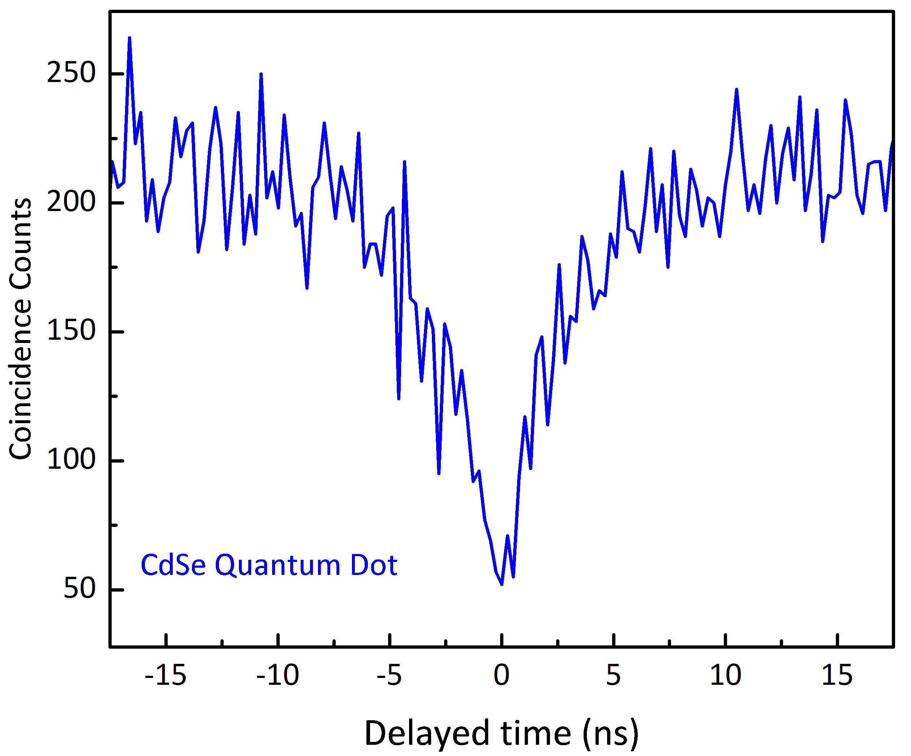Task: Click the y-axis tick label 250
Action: click(71, 73)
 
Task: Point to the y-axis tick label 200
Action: click(71, 202)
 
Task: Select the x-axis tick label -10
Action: click(278, 675)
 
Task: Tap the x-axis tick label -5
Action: click(389, 675)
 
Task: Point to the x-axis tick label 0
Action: click(502, 675)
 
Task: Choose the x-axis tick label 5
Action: click(613, 675)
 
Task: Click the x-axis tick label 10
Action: click(725, 675)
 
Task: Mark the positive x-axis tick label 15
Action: click(837, 675)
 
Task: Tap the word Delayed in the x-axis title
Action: click(427, 734)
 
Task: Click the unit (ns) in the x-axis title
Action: click(611, 734)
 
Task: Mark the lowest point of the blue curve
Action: click(502, 584)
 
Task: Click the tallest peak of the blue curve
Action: click(129, 38)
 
